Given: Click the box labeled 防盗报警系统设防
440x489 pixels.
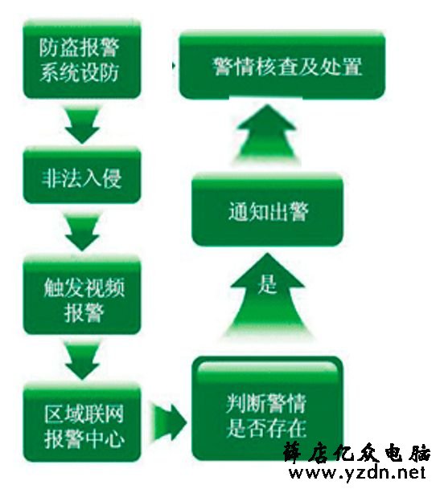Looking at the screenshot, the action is pyautogui.click(x=82, y=59).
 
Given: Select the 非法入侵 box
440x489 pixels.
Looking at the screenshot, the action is pyautogui.click(x=82, y=176).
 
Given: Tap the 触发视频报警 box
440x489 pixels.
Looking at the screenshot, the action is pyautogui.click(x=82, y=295).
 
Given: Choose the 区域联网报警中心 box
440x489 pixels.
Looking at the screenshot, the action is pyautogui.click(x=82, y=422).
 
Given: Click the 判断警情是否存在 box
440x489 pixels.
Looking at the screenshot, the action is pyautogui.click(x=267, y=409).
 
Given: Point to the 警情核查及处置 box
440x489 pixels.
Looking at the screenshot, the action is pyautogui.click(x=282, y=65).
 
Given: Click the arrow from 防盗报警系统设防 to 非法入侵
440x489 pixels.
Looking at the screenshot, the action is pyautogui.click(x=82, y=124).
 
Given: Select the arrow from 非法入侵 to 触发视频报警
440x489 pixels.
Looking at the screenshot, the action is pyautogui.click(x=82, y=231).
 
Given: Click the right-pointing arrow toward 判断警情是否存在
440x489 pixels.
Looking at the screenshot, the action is pyautogui.click(x=170, y=423).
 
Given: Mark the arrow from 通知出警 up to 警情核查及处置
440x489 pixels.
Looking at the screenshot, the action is pyautogui.click(x=267, y=134).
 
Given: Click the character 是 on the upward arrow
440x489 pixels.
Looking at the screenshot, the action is pyautogui.click(x=267, y=284).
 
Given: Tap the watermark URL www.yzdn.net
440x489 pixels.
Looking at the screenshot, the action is pyautogui.click(x=357, y=473).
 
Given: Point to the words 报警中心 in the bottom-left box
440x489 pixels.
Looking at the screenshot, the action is pyautogui.click(x=84, y=438).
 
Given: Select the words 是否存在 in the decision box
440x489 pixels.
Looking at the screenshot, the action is pyautogui.click(x=266, y=428).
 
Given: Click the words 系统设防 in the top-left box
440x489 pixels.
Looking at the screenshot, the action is pyautogui.click(x=79, y=72).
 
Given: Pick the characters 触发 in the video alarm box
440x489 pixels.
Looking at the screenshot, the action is pyautogui.click(x=64, y=287).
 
